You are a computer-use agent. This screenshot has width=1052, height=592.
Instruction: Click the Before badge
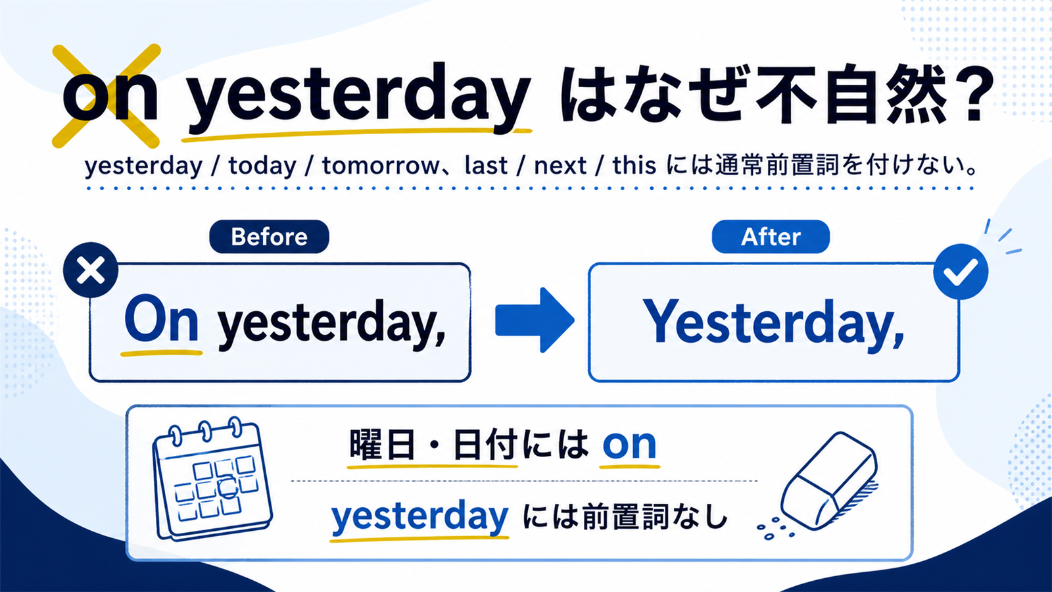[269, 236]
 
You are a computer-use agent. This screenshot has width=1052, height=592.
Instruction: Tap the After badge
[771, 236]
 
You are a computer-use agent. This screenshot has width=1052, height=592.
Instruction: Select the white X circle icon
[91, 270]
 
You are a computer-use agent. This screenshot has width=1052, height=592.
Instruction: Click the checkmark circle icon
[961, 272]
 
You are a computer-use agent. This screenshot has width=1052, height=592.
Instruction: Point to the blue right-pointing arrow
[535, 320]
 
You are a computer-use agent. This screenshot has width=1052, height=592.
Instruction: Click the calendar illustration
[212, 480]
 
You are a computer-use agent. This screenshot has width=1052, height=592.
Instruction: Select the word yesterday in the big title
[359, 99]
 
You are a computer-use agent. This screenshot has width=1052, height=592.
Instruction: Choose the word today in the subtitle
[262, 166]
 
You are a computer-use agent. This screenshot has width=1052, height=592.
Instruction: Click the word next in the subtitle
[560, 166]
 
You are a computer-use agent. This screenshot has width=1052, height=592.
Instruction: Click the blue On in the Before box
[161, 319]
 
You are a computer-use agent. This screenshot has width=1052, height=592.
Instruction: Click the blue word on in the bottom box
[629, 445]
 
